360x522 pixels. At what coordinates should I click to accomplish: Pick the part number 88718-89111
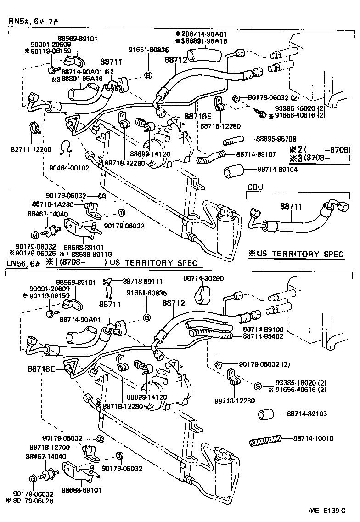pyautogui.click(x=143, y=280)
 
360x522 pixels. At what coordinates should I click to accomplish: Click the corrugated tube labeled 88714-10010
pyautogui.click(x=264, y=442)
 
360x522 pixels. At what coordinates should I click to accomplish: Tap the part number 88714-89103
pyautogui.click(x=306, y=414)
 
